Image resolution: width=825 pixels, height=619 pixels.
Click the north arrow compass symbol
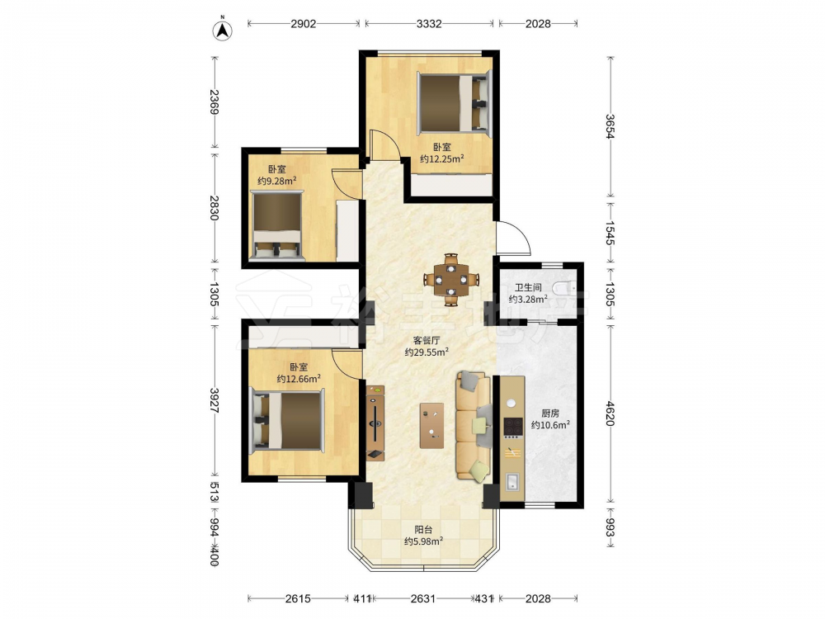tap(223, 31)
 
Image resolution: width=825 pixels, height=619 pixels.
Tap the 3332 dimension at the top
tap(429, 24)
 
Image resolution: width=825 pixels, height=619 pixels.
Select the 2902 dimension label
tap(304, 24)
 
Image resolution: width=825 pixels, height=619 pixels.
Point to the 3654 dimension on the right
tap(610, 127)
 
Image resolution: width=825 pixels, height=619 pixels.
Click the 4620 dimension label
tap(610, 413)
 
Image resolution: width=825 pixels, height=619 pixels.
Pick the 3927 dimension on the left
tap(214, 400)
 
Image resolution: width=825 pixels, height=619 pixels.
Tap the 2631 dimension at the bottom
tap(423, 598)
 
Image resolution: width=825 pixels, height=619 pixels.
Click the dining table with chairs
tap(451, 280)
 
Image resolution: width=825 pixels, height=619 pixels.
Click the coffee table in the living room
tap(431, 425)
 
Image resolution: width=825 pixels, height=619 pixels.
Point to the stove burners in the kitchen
tap(513, 428)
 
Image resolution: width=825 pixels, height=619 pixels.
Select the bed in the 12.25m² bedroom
tap(454, 102)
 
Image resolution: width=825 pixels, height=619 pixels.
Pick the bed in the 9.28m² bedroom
tap(277, 226)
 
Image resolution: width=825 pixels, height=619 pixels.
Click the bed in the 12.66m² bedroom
tap(287, 420)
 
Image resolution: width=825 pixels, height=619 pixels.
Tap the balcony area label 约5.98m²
tap(423, 541)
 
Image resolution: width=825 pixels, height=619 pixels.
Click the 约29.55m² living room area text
tap(427, 352)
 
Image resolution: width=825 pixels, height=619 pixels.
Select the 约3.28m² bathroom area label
tap(528, 299)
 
